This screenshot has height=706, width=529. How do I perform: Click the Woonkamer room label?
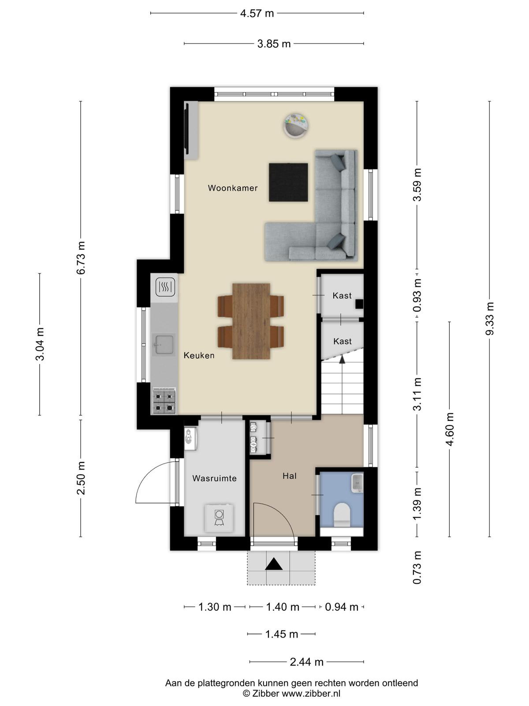233,188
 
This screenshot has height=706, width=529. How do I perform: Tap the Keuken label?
199,355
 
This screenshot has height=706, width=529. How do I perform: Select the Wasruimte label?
214,478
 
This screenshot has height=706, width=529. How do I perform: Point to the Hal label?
289,476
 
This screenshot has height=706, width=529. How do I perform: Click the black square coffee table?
288,182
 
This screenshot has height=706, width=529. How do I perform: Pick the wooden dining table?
251,321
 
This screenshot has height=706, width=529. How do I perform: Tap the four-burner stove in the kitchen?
164,401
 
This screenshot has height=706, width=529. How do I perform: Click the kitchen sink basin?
164,345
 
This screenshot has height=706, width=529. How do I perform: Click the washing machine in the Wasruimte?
220,518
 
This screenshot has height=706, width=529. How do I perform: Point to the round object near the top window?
297,126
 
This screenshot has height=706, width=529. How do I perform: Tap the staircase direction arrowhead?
342,360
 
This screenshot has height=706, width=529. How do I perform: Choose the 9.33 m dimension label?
489,318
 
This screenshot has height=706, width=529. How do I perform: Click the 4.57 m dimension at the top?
257,13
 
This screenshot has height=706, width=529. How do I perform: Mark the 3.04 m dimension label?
40,344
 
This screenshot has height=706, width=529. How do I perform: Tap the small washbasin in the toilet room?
357,482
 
